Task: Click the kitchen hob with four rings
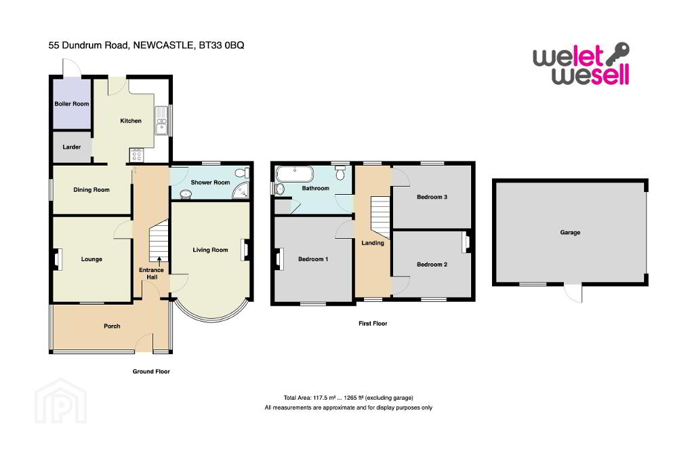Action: pos(134,155)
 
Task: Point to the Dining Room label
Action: pos(91,190)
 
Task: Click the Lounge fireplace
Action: pos(58,259)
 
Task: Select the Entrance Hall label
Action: pos(151,274)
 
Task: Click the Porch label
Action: pos(112,326)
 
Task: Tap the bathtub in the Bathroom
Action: pos(292,173)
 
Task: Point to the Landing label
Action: pos(373,243)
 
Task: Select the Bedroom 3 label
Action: pos(432,197)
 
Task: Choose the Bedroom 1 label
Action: pos(313,259)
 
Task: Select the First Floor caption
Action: pos(373,324)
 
